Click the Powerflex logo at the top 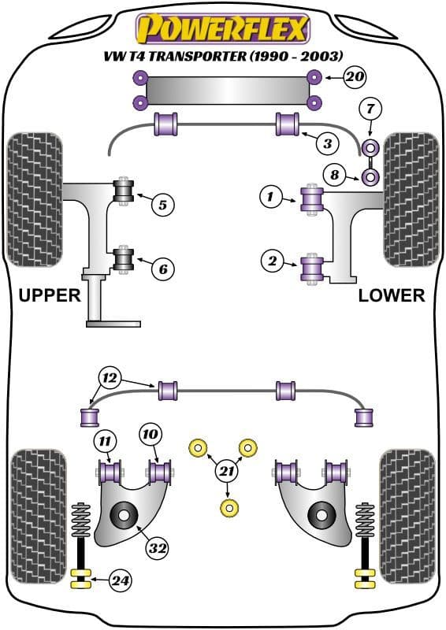pos(223,29)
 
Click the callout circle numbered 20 pos(355,77)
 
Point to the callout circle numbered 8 pos(334,175)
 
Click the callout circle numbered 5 pos(162,206)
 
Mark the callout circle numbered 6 pos(162,269)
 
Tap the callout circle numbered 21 pos(228,472)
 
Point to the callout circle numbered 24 pos(120,582)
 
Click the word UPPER pos(50,295)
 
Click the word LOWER pos(391,295)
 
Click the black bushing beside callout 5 pos(122,191)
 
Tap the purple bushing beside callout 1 pos(312,198)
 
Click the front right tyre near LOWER pos(411,199)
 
